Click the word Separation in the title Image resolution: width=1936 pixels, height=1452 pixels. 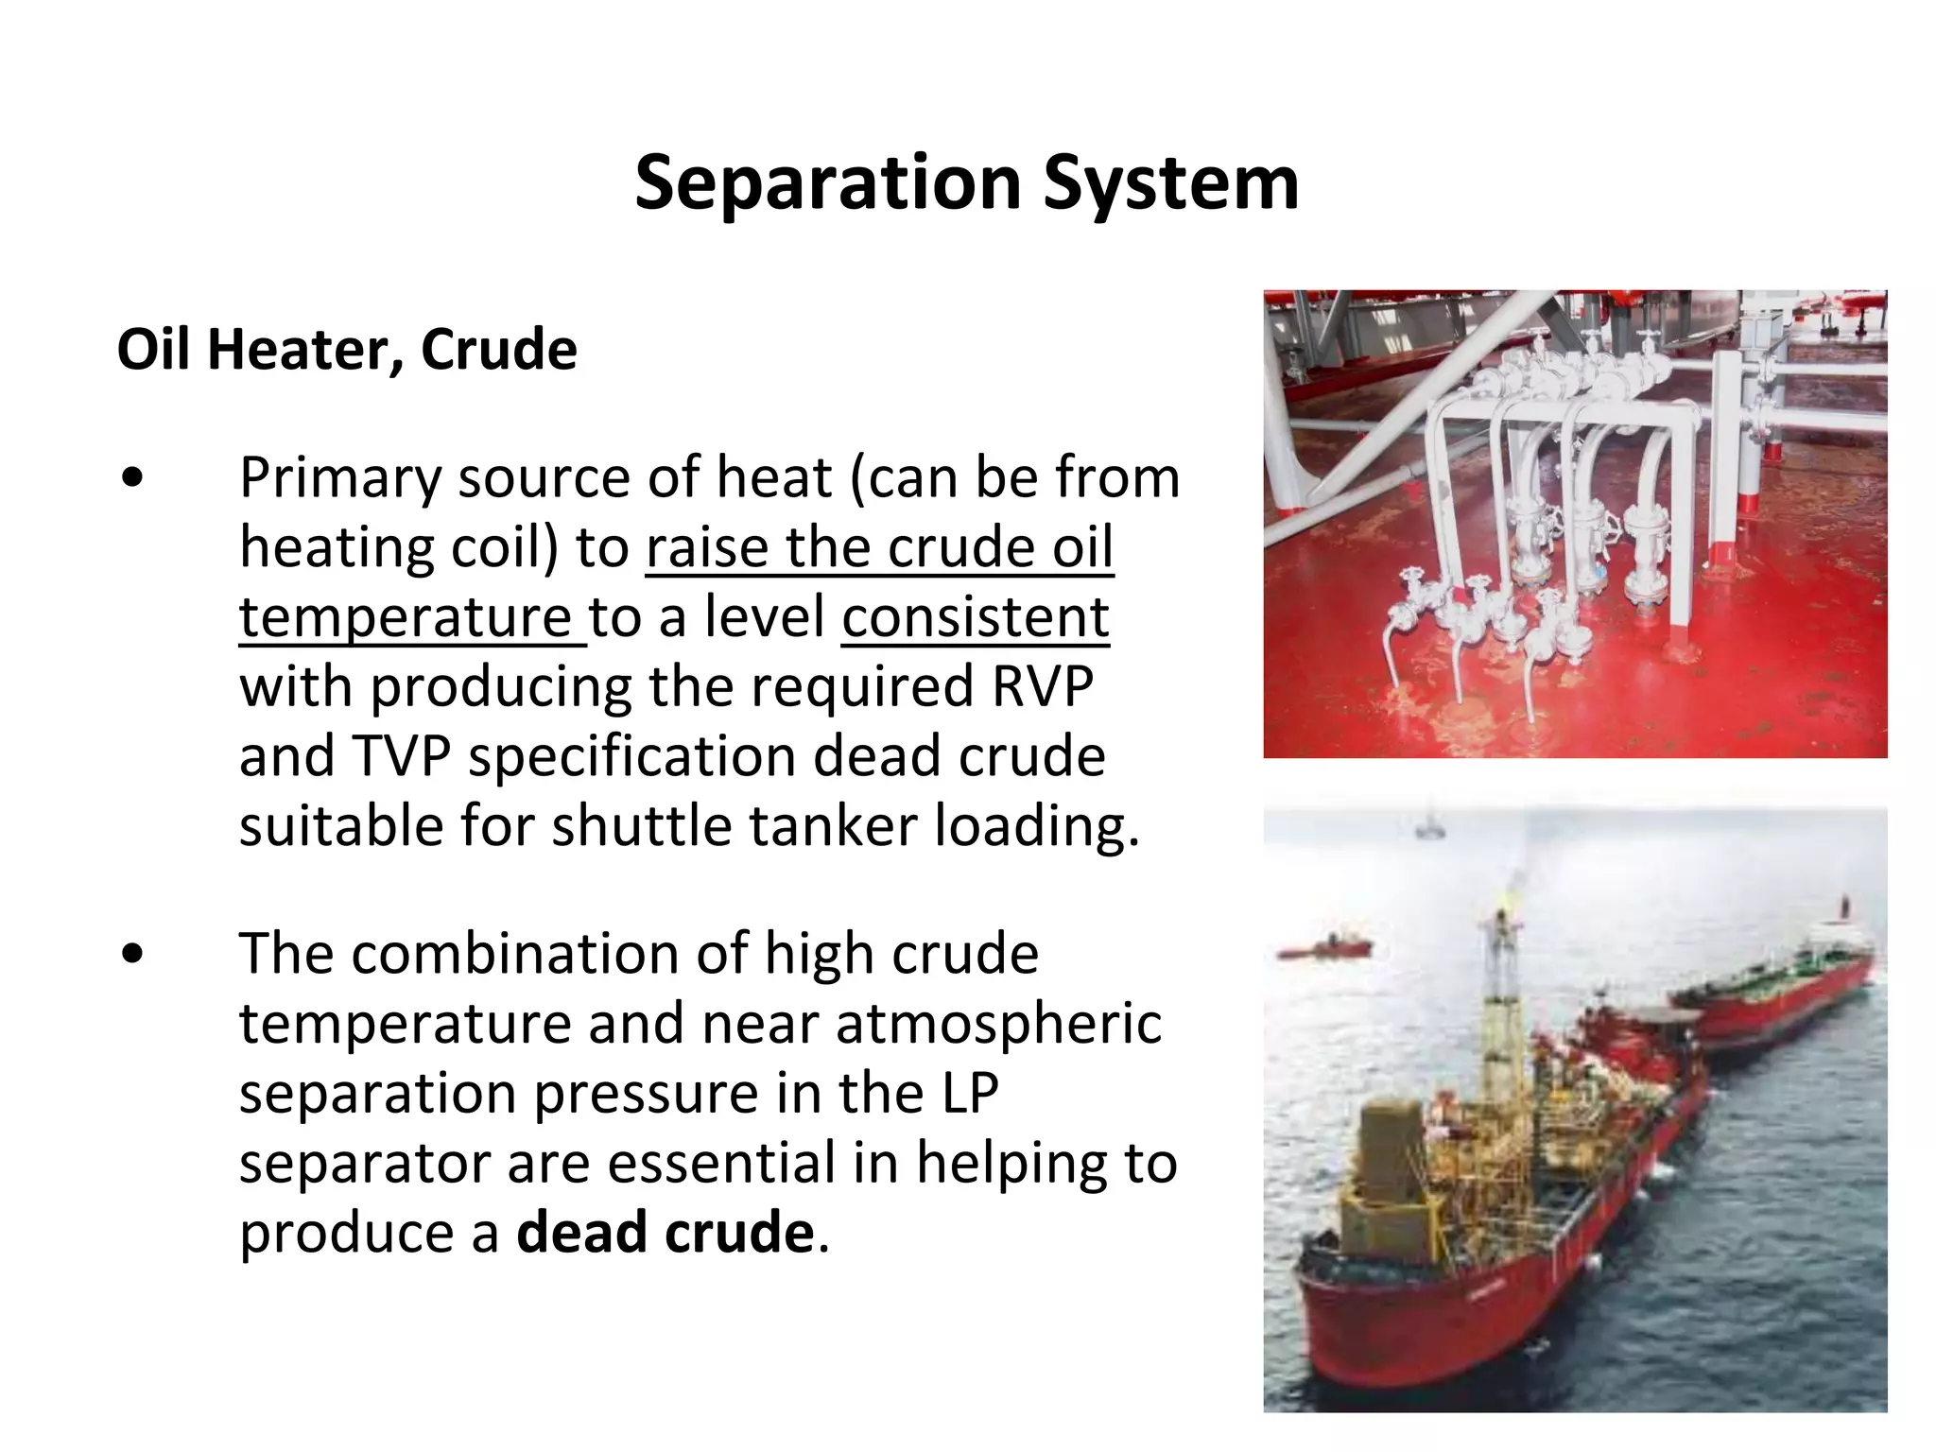point(827,183)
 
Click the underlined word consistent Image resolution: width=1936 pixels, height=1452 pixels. point(975,617)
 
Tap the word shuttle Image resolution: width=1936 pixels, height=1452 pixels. point(640,826)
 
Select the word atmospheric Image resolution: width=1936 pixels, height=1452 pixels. point(998,1024)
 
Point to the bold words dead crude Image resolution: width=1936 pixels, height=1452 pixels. point(665,1233)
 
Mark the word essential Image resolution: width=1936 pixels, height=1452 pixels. point(721,1163)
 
